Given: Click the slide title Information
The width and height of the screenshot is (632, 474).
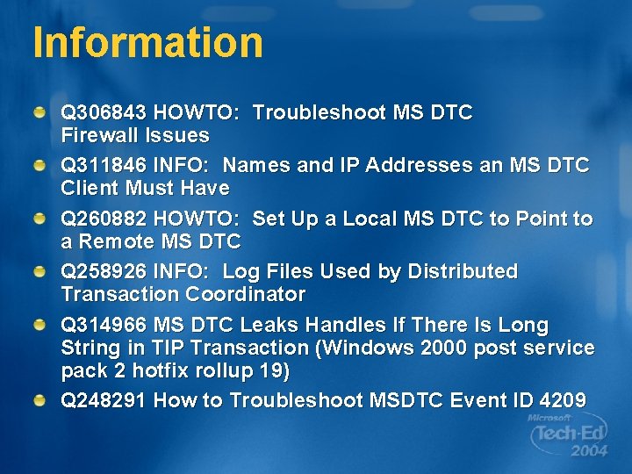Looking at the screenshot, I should tap(147, 42).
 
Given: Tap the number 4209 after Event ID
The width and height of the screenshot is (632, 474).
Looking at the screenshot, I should tap(562, 401).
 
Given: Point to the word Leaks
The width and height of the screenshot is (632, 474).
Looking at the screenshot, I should tap(269, 326).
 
